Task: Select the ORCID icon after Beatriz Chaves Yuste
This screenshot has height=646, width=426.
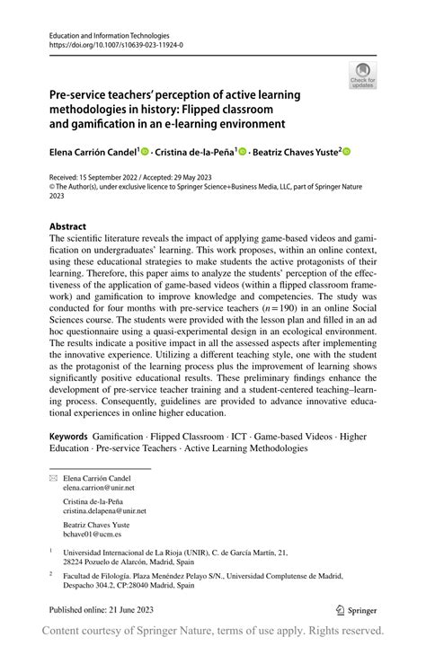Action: [x=345, y=153]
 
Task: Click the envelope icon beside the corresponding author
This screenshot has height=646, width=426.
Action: [x=52, y=480]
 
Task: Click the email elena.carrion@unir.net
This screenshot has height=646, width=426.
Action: [x=98, y=491]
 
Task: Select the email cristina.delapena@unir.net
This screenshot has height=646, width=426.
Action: [x=105, y=510]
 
